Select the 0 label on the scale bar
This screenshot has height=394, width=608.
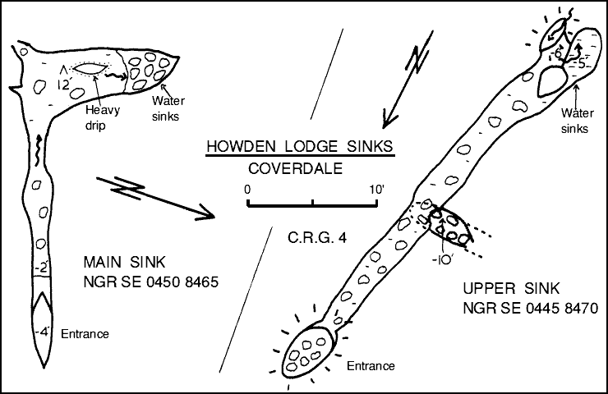247,190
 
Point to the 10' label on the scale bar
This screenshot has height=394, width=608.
376,190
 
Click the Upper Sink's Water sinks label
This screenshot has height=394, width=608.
574,121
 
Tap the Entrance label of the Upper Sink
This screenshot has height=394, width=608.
370,365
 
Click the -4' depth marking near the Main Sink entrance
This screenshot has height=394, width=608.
41,332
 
